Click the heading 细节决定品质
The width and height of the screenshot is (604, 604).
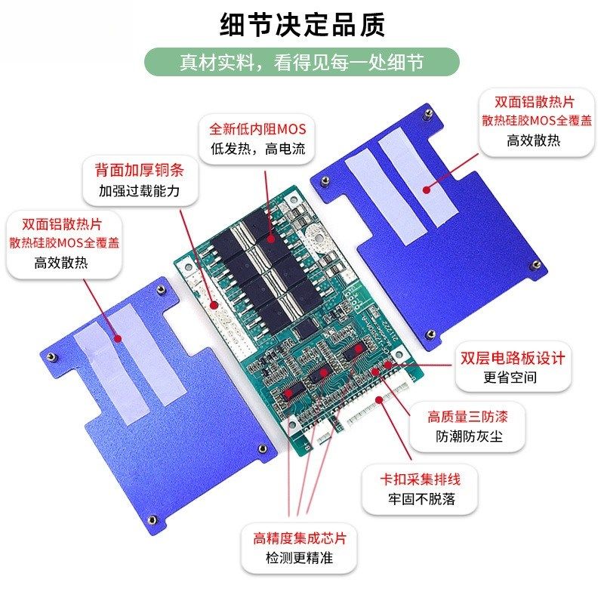pos(302,24)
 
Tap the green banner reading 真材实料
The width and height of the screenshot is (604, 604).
pos(302,62)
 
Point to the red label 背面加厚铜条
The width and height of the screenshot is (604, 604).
pos(139,170)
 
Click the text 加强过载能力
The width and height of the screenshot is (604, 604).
pos(139,191)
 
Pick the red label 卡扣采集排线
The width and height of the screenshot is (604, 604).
pos(420,479)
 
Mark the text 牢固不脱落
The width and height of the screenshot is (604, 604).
pos(420,499)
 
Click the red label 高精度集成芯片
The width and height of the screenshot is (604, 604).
pos(300,538)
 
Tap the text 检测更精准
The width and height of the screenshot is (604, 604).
pos(300,559)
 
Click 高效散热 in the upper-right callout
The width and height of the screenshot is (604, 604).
pos(533,140)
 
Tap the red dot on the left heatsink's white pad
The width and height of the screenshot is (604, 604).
pos(117,337)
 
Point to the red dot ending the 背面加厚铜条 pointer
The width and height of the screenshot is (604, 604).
pos(214,305)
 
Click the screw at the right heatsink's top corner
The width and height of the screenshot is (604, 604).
pos(427,115)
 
